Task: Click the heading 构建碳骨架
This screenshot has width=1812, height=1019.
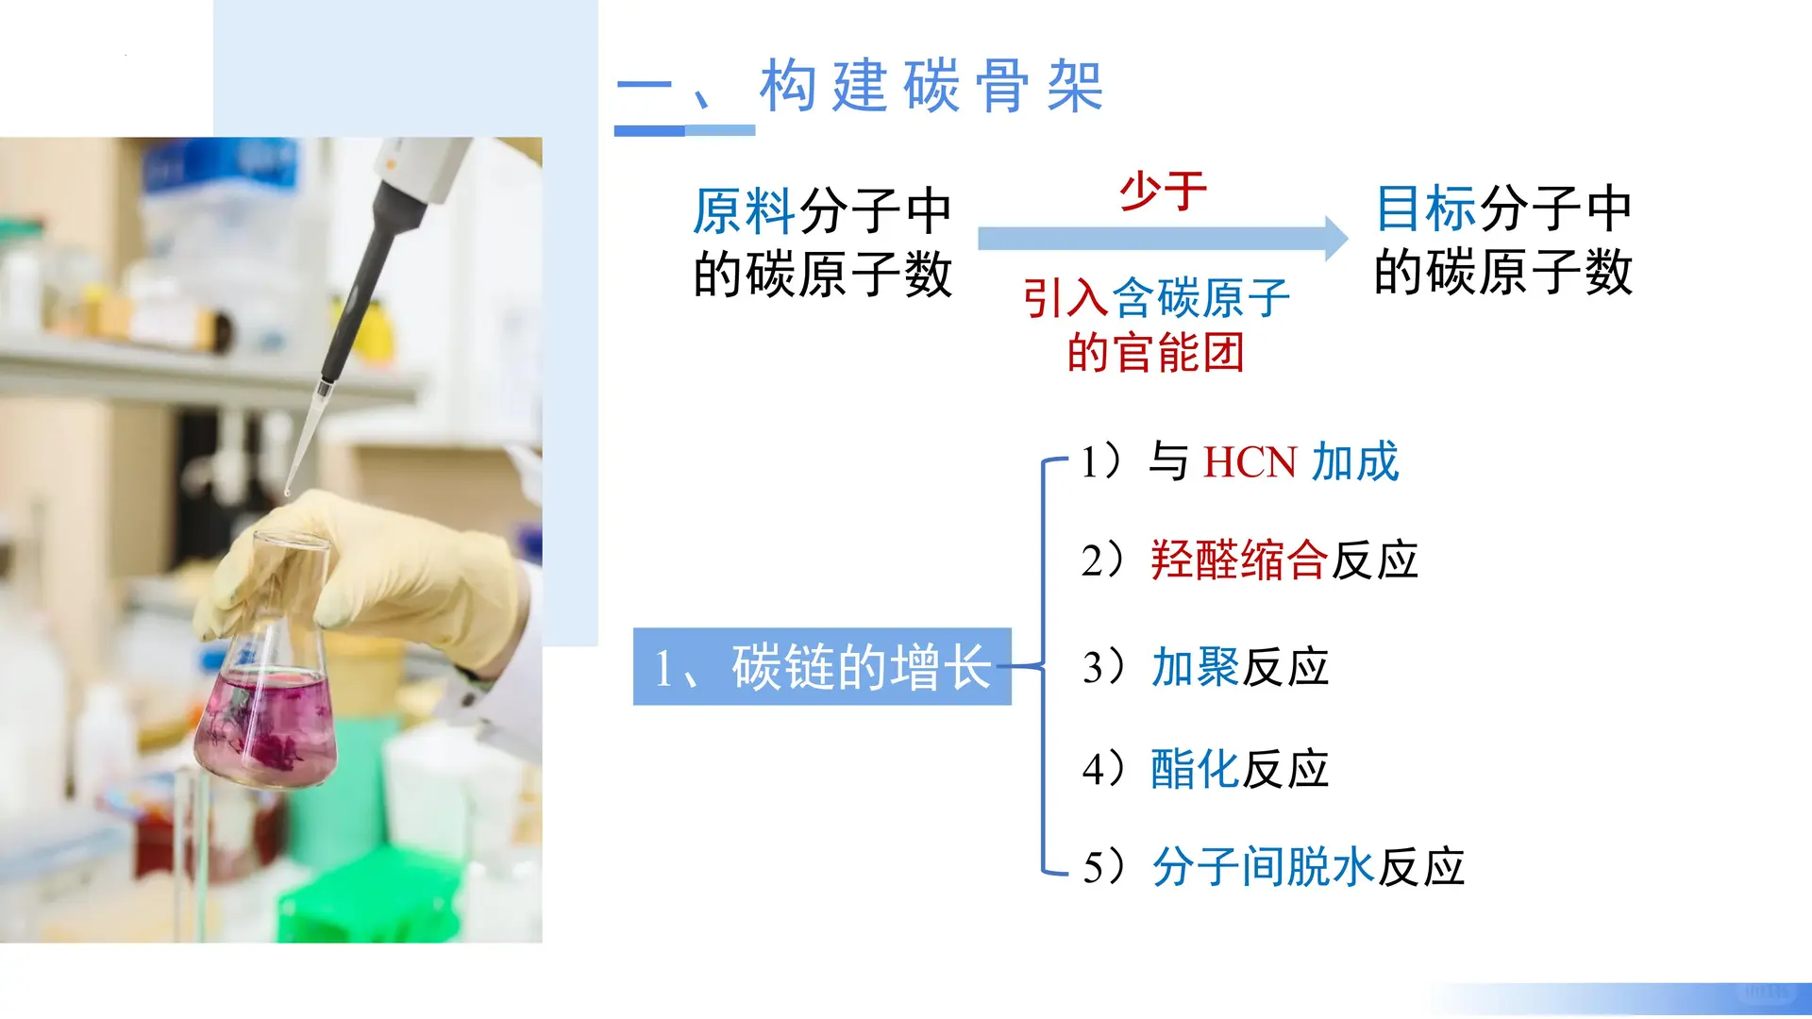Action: point(931,86)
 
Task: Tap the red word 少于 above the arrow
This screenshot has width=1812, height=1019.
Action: point(1163,192)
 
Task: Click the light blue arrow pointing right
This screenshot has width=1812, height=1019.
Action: point(1161,239)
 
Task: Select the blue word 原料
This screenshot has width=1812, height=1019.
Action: point(744,210)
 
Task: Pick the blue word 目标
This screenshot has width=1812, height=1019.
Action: point(1425,209)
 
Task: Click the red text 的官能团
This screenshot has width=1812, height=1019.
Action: point(1156,353)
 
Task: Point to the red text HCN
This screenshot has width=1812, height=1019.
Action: point(1250,463)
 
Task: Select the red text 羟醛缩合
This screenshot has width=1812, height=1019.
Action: point(1239,560)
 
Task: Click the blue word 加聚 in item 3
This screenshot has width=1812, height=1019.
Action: point(1195,668)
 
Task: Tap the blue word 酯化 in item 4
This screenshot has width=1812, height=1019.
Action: point(1195,769)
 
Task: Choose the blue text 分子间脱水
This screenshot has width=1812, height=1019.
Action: point(1263,867)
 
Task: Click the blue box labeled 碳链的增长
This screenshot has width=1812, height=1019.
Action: point(821,667)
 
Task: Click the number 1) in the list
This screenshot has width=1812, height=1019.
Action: point(1101,462)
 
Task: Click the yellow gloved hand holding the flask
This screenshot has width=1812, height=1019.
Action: point(377,576)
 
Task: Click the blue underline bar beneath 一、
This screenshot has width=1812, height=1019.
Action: point(684,130)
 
